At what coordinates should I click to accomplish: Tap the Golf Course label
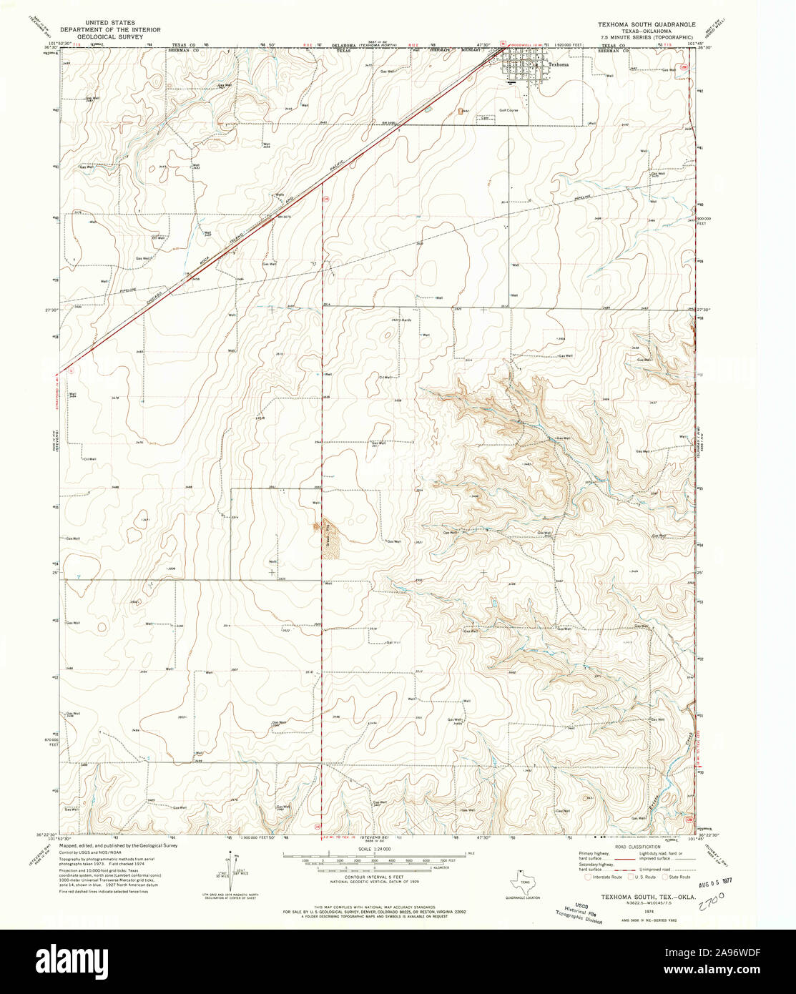click(508, 112)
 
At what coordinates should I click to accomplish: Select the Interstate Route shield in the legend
click(589, 877)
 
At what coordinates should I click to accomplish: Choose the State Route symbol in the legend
click(665, 877)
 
